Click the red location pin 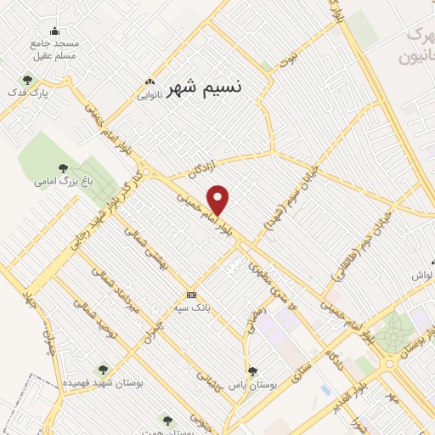(x=219, y=200)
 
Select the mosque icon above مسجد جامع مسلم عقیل (x=55, y=32)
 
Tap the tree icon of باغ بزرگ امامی (x=64, y=167)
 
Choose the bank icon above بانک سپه (x=191, y=295)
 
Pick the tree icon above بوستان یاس (x=251, y=370)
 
